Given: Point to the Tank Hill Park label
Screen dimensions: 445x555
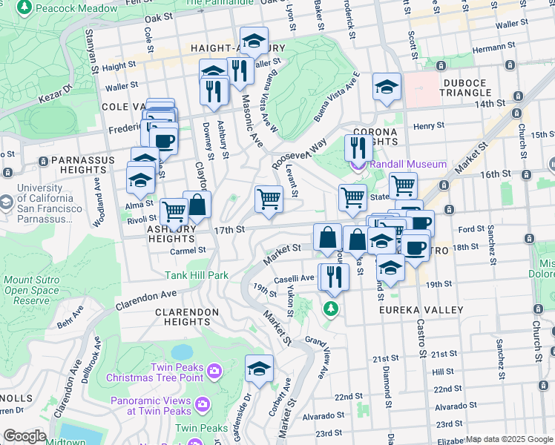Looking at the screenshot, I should pyautogui.click(x=196, y=274).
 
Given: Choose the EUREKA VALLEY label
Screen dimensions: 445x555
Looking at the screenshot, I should pyautogui.click(x=422, y=309).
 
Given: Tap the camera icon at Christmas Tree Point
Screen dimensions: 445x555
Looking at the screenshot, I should pyautogui.click(x=214, y=369).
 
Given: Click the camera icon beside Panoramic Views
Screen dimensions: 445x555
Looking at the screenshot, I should pyautogui.click(x=203, y=403).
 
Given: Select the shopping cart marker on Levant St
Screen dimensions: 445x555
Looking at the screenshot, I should pyautogui.click(x=268, y=199).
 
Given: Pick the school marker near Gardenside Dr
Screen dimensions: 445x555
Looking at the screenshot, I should pyautogui.click(x=259, y=369).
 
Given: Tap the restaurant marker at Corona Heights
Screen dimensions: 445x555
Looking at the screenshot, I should pyautogui.click(x=358, y=148).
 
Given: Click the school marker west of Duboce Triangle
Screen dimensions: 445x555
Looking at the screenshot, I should pyautogui.click(x=387, y=87).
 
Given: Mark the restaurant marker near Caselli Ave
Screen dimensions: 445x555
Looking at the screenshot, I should pyautogui.click(x=333, y=277).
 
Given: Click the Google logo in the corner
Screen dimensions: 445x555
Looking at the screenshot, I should pyautogui.click(x=24, y=436).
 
